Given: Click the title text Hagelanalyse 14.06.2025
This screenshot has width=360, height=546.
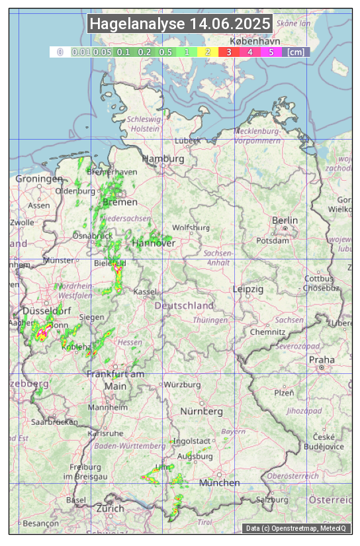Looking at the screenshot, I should pos(180,24).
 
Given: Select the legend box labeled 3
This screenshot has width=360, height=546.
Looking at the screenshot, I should pos(229,52).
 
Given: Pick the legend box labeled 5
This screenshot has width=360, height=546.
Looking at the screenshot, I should pos(271,52).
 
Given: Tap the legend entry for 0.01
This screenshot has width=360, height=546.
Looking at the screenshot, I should pos(81,52).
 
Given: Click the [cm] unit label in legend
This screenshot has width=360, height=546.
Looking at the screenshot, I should pos(296,52).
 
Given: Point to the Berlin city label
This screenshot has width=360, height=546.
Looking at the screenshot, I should pos(285,220).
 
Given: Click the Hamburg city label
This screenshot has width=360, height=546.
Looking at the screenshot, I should pos(163,159).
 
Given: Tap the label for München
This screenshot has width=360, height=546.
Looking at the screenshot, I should pos(219,483).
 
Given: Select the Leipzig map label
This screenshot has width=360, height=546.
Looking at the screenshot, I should pos(248,289).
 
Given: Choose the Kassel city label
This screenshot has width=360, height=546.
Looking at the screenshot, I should pos(144,292).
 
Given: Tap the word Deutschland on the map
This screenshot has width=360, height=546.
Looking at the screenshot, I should pos(184,306).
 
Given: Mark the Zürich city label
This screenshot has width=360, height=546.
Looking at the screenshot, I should pos(110,508).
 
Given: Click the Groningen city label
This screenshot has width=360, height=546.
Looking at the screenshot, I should pos(39,179).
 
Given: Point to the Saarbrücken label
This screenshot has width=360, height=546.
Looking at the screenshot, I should pos(54,422).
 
